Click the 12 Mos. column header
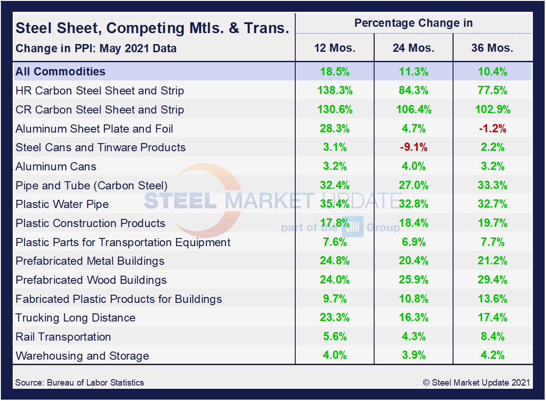tap(335, 48)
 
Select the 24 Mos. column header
tap(414, 48)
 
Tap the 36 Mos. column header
tap(492, 48)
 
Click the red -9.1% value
tap(414, 148)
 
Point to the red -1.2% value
tap(492, 129)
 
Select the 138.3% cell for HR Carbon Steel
tap(335, 90)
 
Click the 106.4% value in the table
tap(414, 109)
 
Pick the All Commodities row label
tap(60, 71)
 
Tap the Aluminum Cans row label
tap(56, 167)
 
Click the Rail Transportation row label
tap(63, 337)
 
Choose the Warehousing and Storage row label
tap(82, 356)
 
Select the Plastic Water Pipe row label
tap(62, 204)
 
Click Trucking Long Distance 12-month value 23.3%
tap(335, 318)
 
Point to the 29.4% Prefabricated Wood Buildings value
tap(492, 280)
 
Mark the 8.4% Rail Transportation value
tap(492, 337)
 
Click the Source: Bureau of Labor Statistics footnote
tap(79, 382)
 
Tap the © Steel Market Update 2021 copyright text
tap(476, 382)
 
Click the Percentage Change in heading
tap(414, 23)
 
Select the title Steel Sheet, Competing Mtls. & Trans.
tap(152, 28)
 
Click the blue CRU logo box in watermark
tap(352, 227)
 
